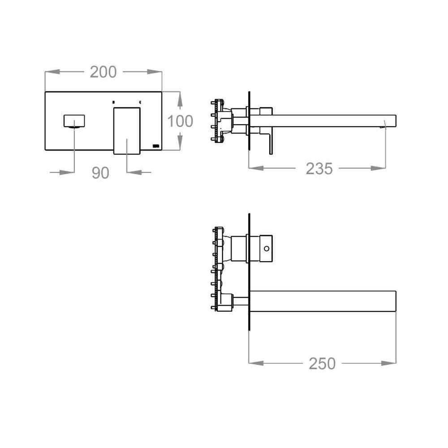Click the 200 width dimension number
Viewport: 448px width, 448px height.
click(x=103, y=72)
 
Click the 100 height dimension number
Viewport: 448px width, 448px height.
click(x=180, y=121)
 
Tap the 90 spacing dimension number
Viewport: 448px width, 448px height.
click(x=100, y=173)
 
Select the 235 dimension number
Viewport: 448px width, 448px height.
click(x=319, y=168)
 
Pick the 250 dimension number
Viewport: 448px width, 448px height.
click(x=322, y=364)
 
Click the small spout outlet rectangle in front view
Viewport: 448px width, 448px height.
click(x=74, y=121)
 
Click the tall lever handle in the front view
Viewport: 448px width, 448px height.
click(x=127, y=131)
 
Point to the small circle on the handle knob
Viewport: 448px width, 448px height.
click(x=267, y=249)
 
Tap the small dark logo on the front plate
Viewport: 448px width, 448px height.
click(x=156, y=146)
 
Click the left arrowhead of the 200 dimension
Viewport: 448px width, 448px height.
click(x=52, y=72)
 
